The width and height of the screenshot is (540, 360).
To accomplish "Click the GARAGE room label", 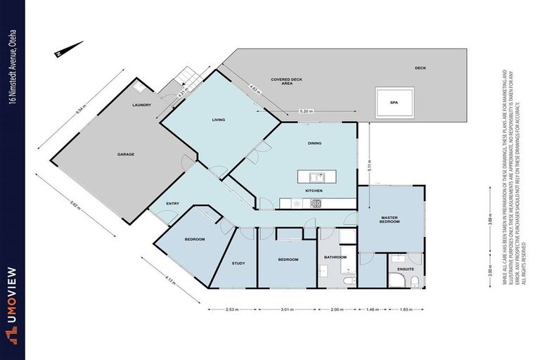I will coord(126,154).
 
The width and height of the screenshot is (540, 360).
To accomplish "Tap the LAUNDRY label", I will coord(142,105).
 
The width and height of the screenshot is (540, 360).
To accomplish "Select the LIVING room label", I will coord(219,120).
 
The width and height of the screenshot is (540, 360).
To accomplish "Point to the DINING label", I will coord(314,143).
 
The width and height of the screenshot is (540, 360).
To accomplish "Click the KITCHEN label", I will coord(314,191).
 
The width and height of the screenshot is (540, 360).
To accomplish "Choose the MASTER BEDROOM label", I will coord(390,220).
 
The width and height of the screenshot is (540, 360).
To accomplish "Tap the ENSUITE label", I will coord(406,269).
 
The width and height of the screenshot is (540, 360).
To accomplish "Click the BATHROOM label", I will coord(335,257).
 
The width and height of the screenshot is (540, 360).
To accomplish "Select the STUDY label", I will coord(239,264).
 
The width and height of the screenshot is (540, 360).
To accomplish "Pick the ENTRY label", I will coord(172,204).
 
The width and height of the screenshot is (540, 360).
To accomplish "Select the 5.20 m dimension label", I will coord(306,111).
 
